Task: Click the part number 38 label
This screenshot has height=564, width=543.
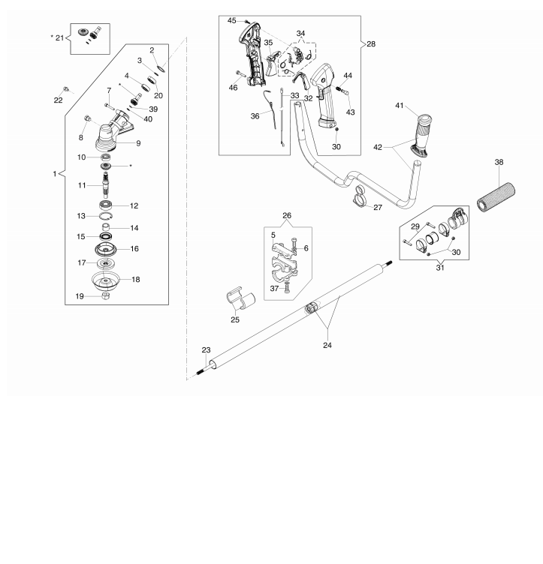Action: point(499,162)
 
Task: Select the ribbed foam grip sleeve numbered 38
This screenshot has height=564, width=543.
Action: point(496,198)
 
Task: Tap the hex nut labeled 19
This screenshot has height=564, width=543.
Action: point(106,296)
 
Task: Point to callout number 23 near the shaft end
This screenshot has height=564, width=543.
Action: point(206,350)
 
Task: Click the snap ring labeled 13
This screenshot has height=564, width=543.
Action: point(106,216)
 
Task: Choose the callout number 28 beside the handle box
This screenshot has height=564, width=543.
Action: point(371,44)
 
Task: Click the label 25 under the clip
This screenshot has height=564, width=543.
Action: point(235,319)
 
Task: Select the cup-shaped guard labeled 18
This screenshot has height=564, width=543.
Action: point(105,280)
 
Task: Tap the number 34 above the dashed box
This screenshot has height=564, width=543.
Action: point(300,34)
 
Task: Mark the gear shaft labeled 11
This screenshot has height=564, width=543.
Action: point(106,184)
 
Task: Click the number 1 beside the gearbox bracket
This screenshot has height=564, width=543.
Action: point(55,174)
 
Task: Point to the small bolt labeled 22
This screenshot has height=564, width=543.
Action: point(66,88)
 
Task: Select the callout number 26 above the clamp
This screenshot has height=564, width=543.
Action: point(287,216)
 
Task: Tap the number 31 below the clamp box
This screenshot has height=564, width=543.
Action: point(440,268)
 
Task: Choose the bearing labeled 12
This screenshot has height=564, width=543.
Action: point(106,205)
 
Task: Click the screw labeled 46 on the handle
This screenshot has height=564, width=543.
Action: point(240,74)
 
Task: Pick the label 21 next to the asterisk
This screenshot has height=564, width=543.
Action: point(60,37)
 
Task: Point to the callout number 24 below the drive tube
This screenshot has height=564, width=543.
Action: point(327,345)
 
